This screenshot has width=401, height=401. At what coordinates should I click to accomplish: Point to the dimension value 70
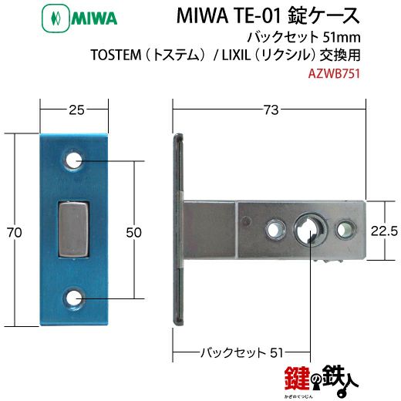[9, 231]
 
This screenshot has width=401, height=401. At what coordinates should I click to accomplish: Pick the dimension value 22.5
[383, 231]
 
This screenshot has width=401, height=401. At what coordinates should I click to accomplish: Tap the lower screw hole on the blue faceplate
[75, 298]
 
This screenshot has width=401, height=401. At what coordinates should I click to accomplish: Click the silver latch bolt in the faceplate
[75, 229]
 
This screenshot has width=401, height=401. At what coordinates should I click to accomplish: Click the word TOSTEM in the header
[199, 56]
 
